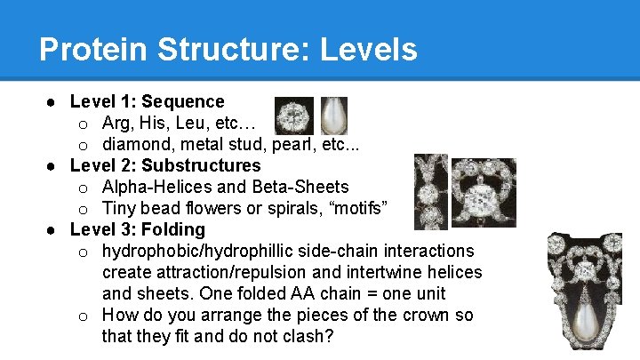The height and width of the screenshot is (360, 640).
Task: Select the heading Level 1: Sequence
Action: click(147, 101)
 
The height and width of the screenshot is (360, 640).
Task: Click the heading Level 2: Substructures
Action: click(165, 165)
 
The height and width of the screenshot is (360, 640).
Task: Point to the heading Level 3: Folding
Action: click(137, 229)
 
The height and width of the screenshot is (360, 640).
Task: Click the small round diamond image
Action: click(293, 116)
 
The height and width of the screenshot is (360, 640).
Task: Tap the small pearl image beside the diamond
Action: click(333, 116)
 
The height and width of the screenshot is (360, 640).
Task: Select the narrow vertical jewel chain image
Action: click(430, 191)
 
